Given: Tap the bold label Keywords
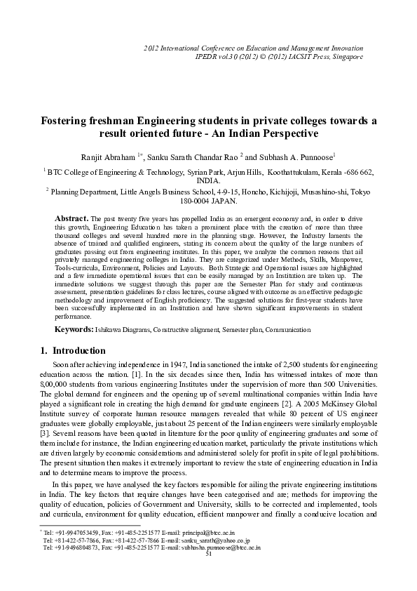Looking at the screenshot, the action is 74,328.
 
